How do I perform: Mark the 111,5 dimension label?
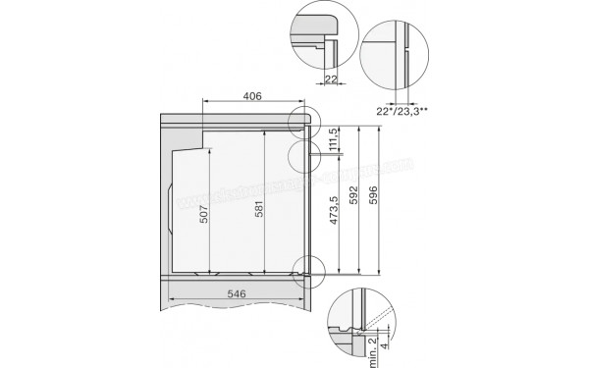[x=335, y=137]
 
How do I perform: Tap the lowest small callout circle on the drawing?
[x=305, y=268]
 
